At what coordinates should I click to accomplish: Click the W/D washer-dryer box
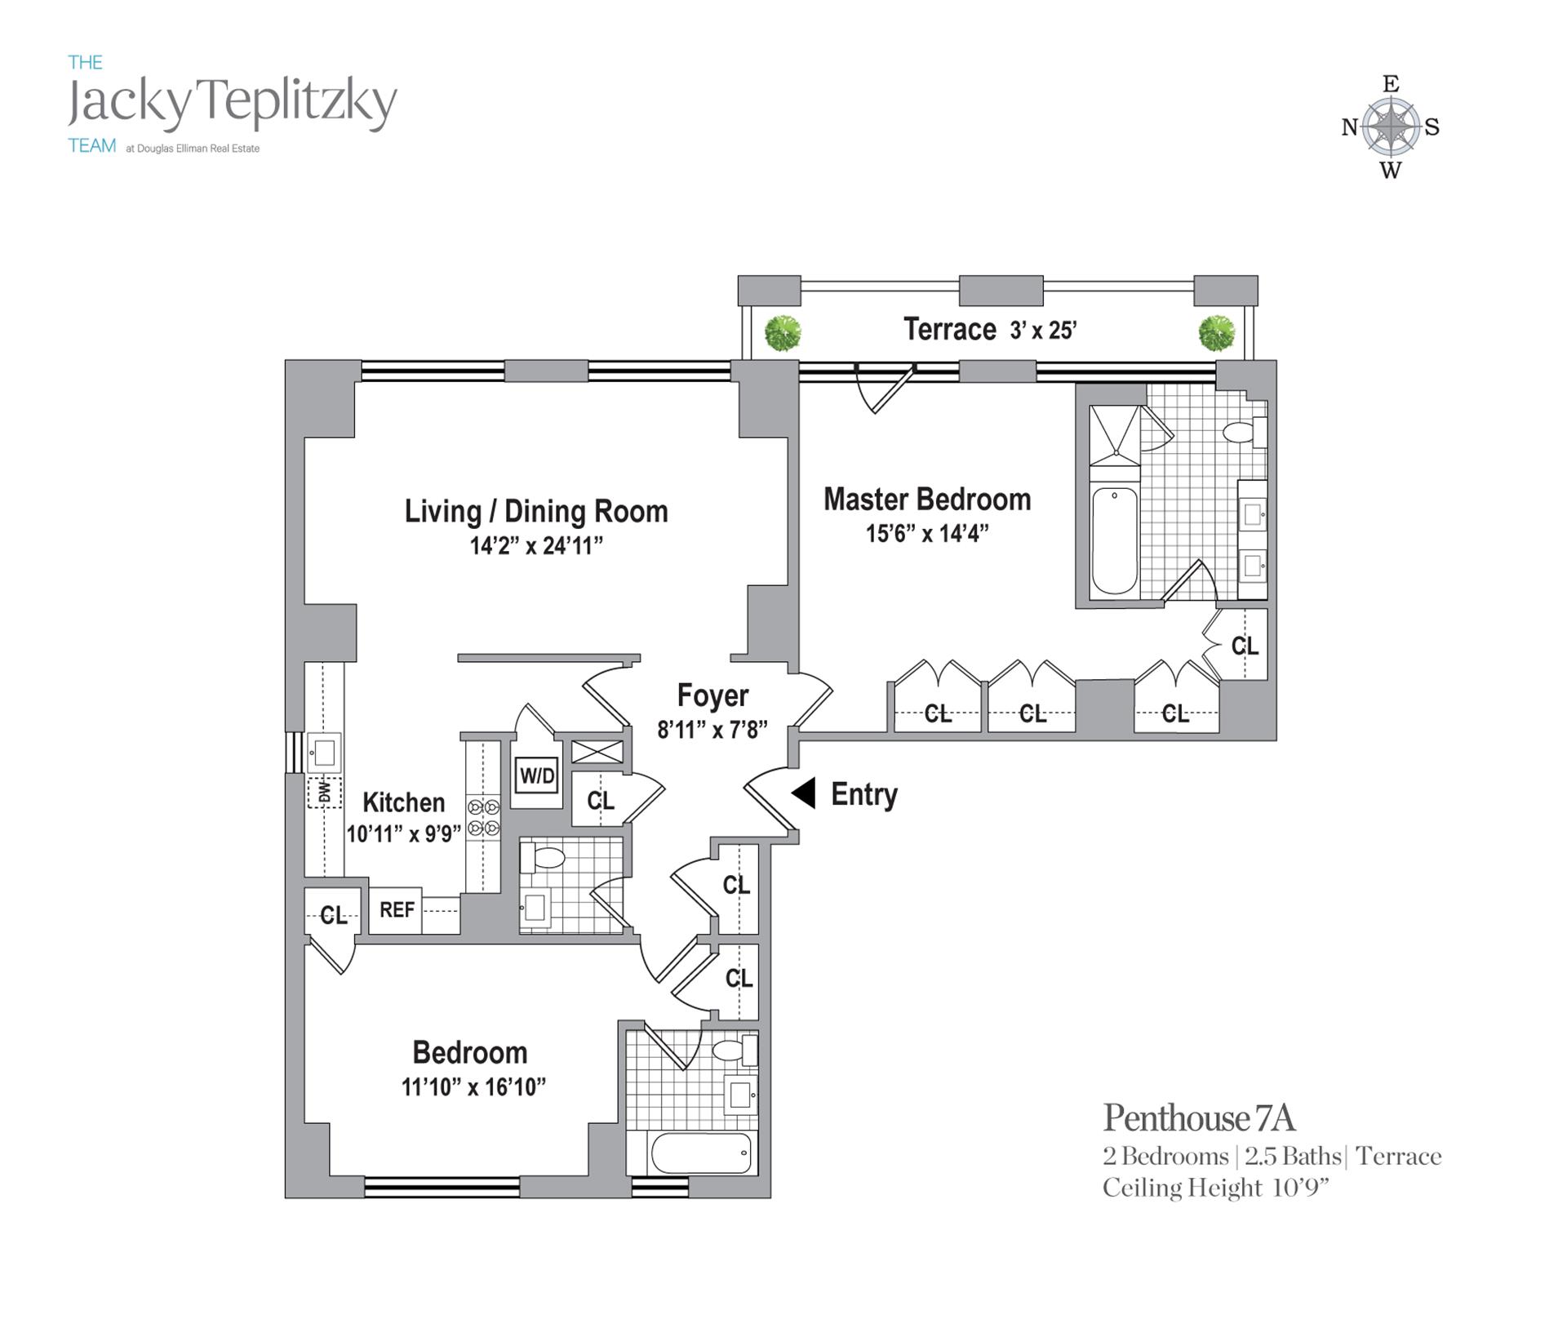point(537,775)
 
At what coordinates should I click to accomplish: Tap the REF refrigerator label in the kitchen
point(397,909)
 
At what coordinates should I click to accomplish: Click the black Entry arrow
point(804,793)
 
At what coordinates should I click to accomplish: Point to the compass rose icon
point(1391,127)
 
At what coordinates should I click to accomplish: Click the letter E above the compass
point(1391,84)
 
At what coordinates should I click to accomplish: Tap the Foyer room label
point(712,695)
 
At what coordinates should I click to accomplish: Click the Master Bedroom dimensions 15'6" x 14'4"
point(927,534)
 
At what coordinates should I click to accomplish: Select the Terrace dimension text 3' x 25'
point(1043,331)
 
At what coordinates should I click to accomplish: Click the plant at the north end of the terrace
point(783,333)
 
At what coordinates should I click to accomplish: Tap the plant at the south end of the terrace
point(1216,333)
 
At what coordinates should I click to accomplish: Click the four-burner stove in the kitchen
point(483,818)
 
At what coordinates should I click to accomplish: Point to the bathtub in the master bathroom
point(1114,540)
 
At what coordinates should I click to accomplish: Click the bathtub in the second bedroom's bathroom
point(701,1153)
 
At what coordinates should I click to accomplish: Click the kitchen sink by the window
point(324,752)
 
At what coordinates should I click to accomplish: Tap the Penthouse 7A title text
point(1199,1119)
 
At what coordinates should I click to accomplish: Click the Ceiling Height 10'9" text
point(1215,1188)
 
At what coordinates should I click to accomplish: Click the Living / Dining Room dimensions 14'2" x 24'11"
point(536,545)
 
